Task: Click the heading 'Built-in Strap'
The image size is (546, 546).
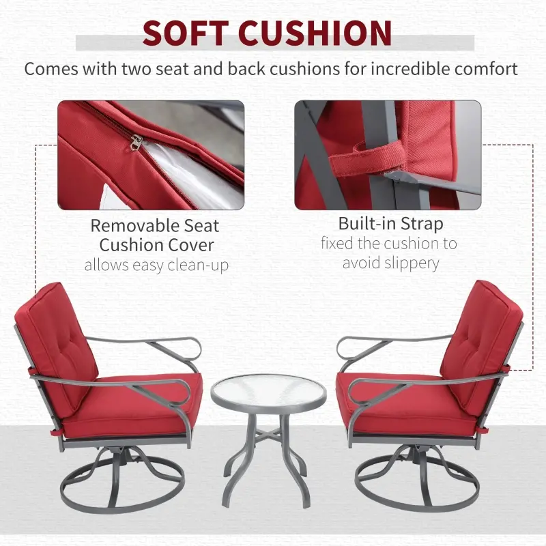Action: tap(390, 223)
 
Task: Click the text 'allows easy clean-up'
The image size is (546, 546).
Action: tap(156, 265)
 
